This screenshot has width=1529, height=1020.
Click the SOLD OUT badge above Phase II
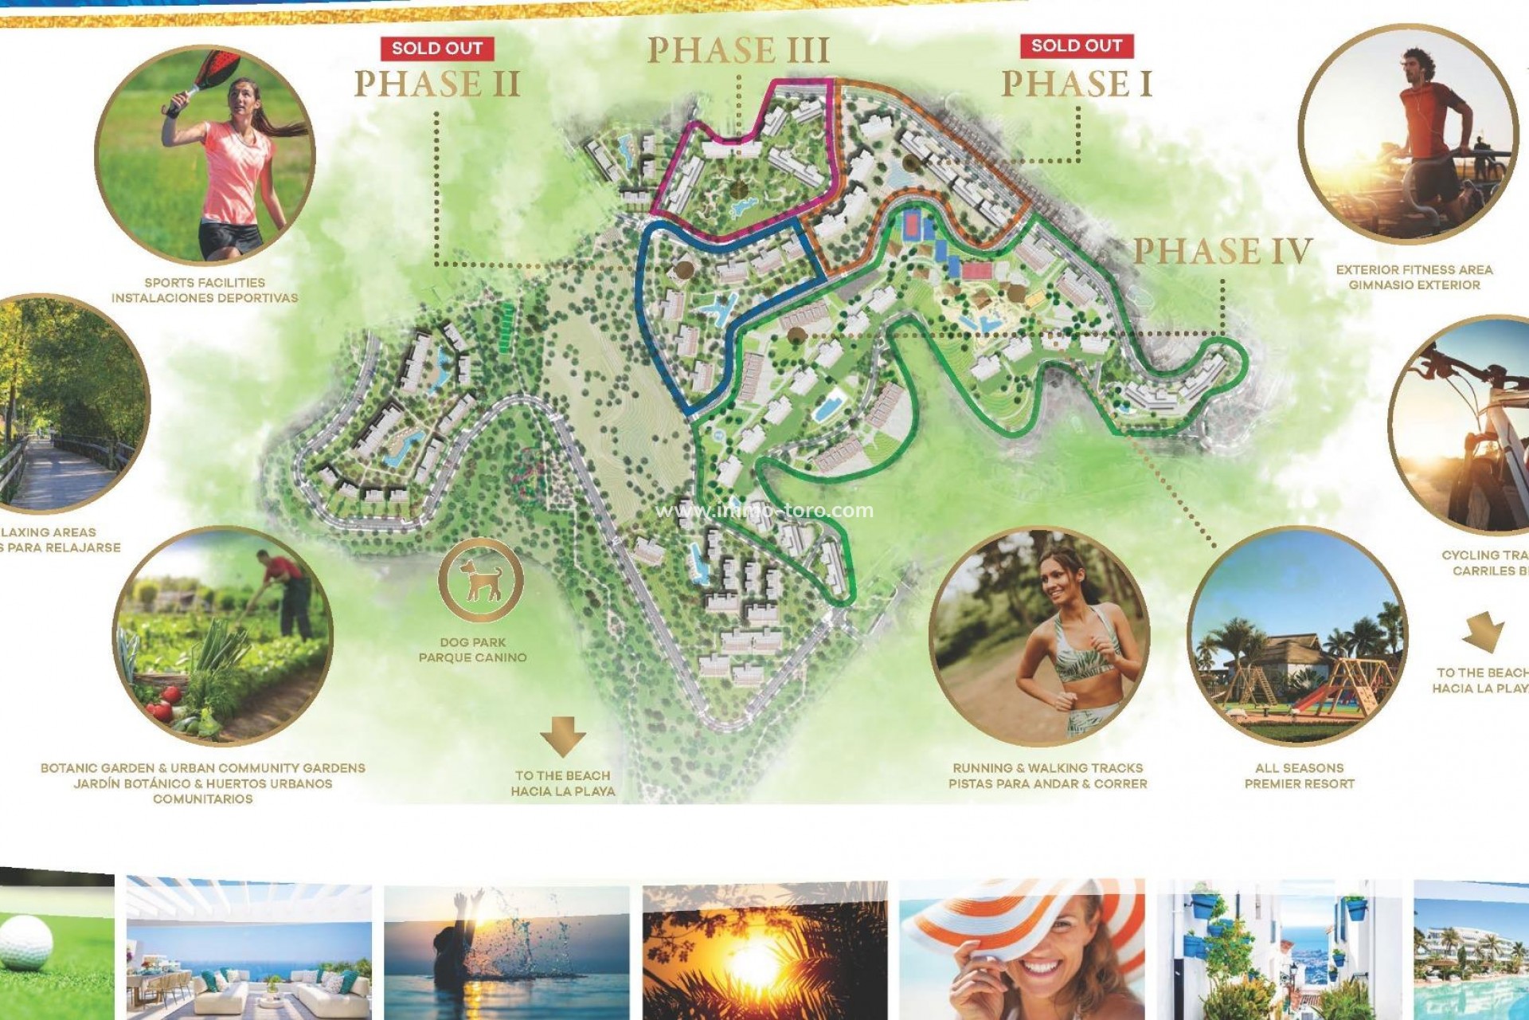pos(437,49)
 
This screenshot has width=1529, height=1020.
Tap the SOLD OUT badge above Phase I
pos(1077,46)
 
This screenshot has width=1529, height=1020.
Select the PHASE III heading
pos(737,50)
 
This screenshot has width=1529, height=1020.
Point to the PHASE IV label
pos(1222,251)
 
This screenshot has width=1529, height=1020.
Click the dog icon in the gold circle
pos(481,579)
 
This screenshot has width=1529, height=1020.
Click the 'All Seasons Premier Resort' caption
pos(1299,775)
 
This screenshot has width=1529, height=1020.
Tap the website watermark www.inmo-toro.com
pos(764,511)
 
